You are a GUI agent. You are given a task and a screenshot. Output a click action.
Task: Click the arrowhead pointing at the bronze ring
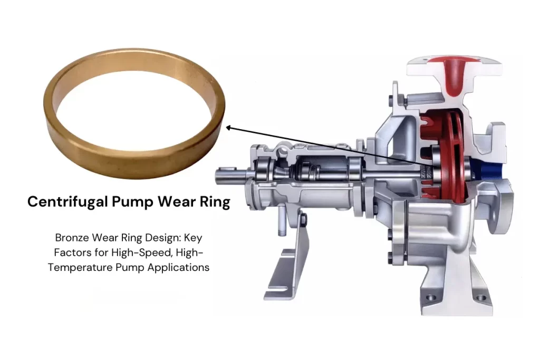[228, 127]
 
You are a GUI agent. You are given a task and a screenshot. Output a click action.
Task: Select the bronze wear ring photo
[134, 113]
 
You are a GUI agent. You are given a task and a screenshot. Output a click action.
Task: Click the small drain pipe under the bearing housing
[281, 216]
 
